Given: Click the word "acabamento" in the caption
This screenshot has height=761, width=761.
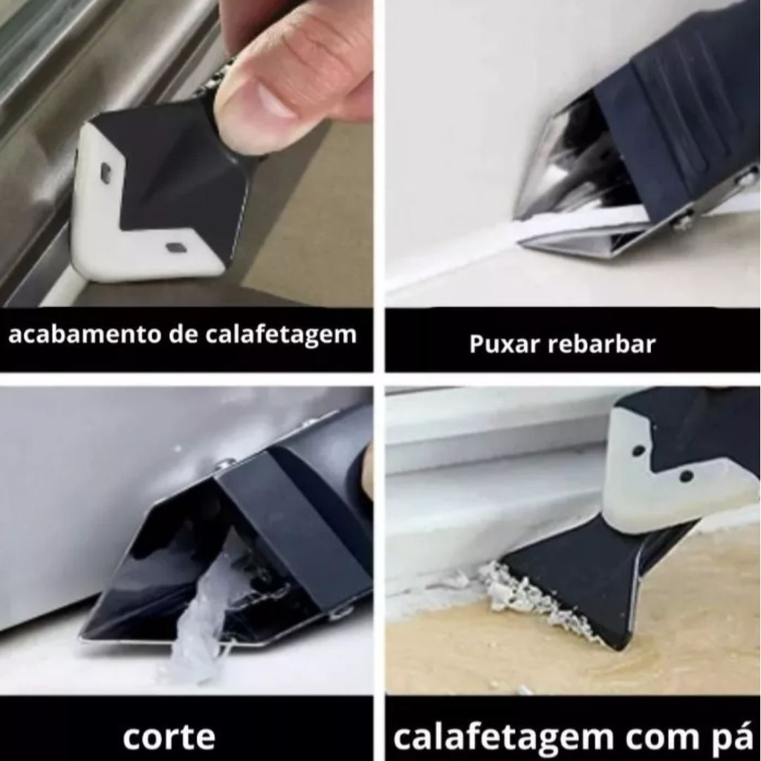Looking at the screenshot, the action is coord(85,334).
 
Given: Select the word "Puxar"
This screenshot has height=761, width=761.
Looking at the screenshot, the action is coord(505,344).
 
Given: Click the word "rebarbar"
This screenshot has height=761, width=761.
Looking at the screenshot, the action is coord(601,344).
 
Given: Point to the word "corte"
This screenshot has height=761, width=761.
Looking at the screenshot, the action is coord(169,737).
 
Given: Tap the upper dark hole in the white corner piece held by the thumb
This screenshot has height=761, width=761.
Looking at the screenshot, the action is coord(106,172).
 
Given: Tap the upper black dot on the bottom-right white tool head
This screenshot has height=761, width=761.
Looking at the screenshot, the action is coord(638,450).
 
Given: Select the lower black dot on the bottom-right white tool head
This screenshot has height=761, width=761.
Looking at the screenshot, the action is coord(686,476).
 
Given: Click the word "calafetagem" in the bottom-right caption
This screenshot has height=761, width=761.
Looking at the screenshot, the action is coord(503,738).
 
